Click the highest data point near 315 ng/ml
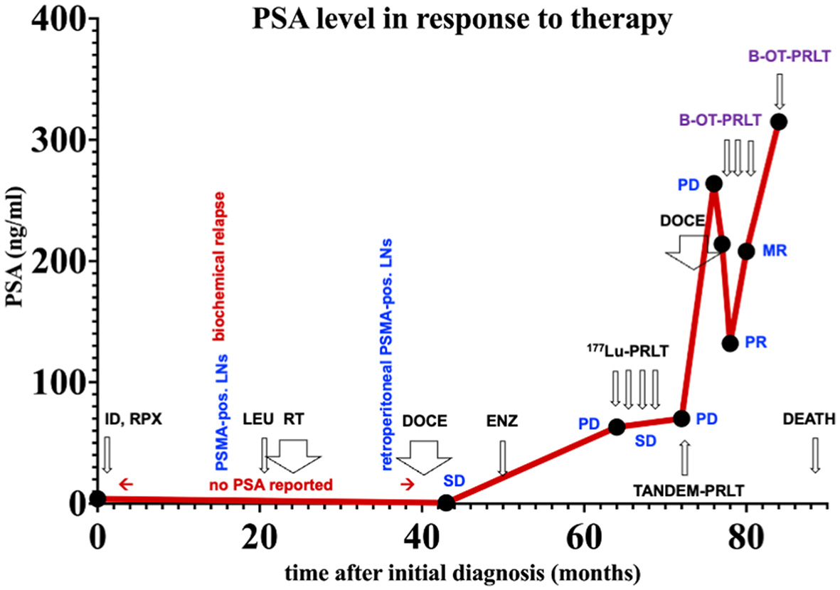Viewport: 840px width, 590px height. click(779, 122)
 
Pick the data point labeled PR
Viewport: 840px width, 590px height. click(730, 343)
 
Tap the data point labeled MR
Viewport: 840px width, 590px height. click(746, 251)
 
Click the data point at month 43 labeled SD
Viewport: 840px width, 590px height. click(446, 502)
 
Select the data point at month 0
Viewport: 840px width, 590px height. click(98, 498)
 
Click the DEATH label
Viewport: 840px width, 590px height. click(809, 419)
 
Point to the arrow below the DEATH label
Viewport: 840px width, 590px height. click(815, 455)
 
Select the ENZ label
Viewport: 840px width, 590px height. click(502, 421)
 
